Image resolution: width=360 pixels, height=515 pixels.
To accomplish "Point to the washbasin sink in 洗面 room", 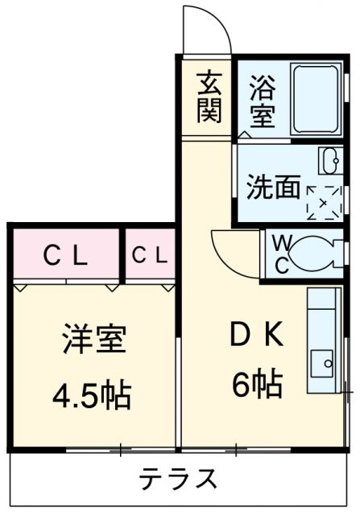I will tap(329, 162).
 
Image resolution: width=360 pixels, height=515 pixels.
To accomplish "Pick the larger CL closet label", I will tap(65, 256).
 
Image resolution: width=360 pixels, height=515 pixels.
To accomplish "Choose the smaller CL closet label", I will tap(149, 256).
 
